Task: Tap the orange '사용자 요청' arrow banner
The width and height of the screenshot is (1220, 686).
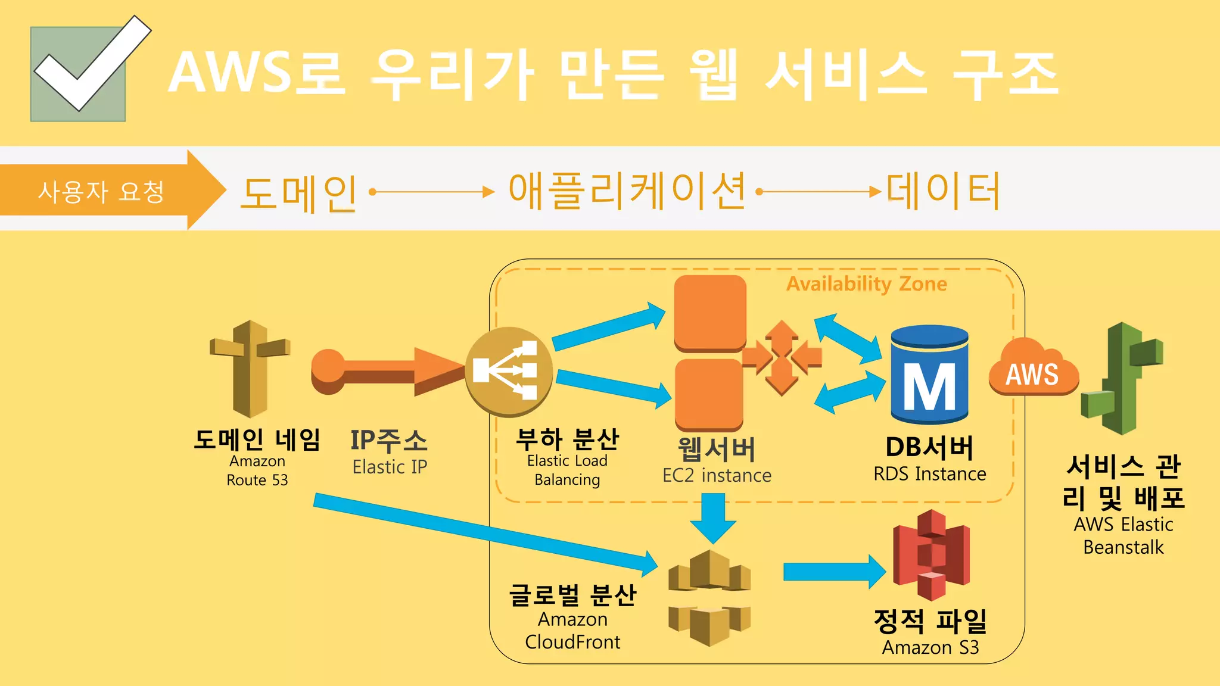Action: pyautogui.click(x=101, y=191)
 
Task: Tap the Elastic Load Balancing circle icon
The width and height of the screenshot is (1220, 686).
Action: pyautogui.click(x=508, y=370)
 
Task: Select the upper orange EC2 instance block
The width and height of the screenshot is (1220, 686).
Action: pyautogui.click(x=710, y=312)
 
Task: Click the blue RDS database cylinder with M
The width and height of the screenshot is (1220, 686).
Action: pyautogui.click(x=929, y=375)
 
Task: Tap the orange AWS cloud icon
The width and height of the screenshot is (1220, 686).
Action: pyautogui.click(x=1033, y=369)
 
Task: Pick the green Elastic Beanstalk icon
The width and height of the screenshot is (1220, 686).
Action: pyautogui.click(x=1122, y=379)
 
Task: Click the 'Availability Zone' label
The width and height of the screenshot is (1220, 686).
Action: pyautogui.click(x=867, y=284)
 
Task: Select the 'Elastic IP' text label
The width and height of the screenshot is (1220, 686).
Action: pyautogui.click(x=390, y=467)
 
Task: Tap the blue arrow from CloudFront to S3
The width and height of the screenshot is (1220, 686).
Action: pyautogui.click(x=834, y=572)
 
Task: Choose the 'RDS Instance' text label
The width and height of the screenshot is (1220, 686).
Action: pyautogui.click(x=929, y=474)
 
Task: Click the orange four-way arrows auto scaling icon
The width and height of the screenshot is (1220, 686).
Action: pyautogui.click(x=782, y=357)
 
